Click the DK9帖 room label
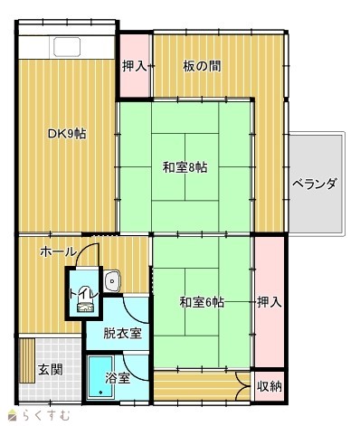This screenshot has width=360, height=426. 67,134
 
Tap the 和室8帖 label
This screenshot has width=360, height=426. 185,167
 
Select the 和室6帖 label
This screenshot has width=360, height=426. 202,302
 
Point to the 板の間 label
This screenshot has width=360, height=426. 202,66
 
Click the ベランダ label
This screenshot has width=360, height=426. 315,183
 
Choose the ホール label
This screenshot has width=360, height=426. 59,251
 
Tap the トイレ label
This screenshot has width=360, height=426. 84,294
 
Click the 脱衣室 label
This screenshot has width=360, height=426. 122,334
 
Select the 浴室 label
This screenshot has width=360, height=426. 118,378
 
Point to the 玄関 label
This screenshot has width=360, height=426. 51,370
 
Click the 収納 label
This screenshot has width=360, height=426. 270,386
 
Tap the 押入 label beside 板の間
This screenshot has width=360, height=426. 135,66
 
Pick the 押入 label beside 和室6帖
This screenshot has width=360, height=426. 270,302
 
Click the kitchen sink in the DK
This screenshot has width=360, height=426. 67,47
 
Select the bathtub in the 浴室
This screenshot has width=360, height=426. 100,377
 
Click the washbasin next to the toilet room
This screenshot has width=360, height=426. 112,281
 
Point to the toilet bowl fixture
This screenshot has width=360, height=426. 85,306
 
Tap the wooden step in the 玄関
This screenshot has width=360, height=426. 26,360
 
